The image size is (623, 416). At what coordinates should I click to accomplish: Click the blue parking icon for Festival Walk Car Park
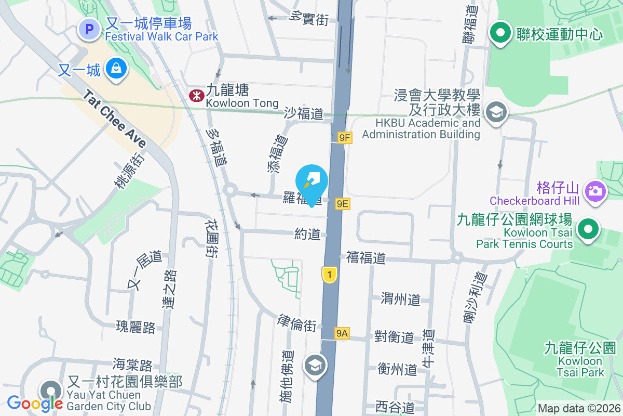click(89, 29)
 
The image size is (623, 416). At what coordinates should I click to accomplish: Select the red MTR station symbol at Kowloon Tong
click(196, 95)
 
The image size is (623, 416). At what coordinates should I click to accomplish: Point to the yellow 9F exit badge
click(345, 138)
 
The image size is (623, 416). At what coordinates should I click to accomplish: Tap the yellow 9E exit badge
click(342, 204)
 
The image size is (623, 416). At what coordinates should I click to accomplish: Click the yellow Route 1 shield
click(329, 275)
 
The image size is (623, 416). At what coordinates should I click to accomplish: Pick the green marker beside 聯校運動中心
click(501, 33)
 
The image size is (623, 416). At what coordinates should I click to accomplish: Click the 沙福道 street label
click(304, 113)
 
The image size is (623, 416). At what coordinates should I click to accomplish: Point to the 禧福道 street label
click(366, 257)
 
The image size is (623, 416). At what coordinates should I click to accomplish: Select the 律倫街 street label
click(297, 324)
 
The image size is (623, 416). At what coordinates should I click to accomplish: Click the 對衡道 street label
click(394, 336)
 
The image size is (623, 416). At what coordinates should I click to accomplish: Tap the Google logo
click(35, 403)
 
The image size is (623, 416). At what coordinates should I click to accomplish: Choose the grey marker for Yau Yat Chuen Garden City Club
click(50, 391)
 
